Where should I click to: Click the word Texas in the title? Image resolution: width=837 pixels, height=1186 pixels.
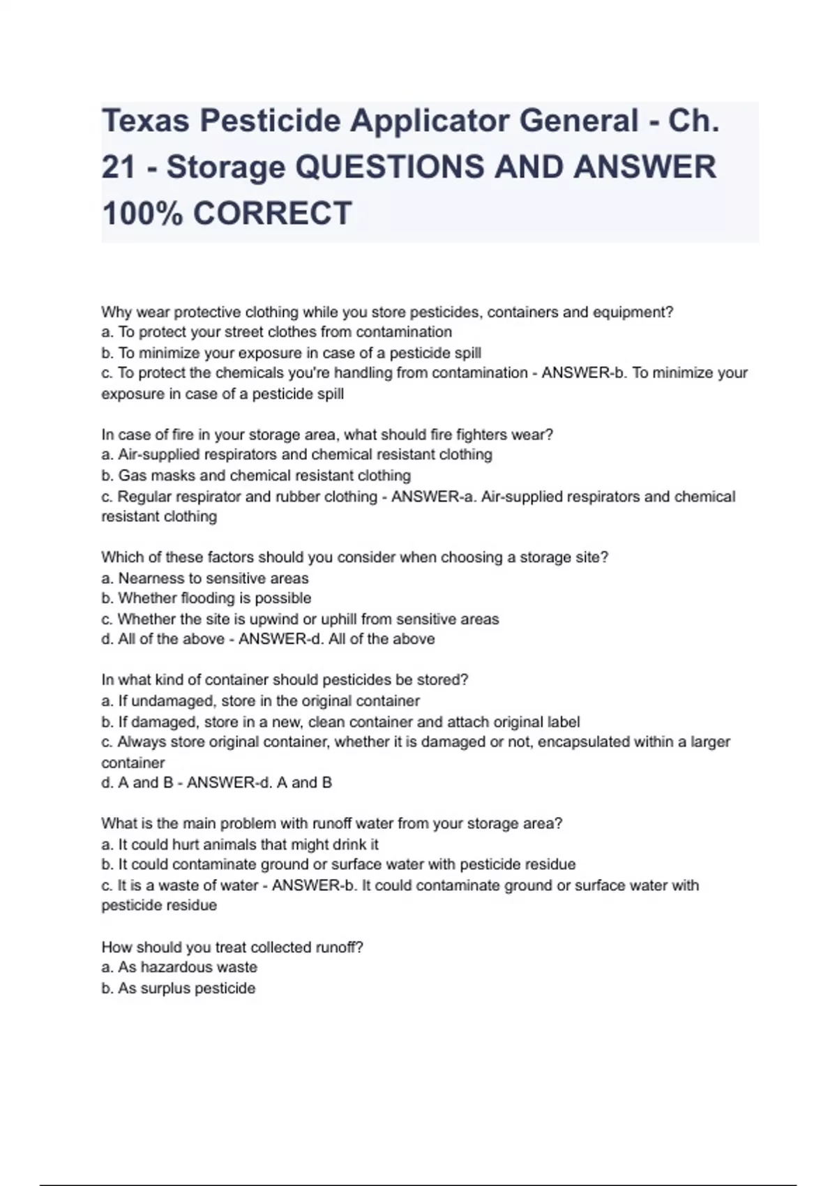(x=145, y=121)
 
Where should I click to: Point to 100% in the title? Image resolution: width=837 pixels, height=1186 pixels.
(x=142, y=213)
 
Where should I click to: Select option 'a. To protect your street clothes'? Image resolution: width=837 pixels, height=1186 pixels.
(x=277, y=332)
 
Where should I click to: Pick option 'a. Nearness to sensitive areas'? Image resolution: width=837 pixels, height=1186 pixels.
(x=205, y=578)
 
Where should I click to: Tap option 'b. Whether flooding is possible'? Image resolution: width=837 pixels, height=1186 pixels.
(x=206, y=598)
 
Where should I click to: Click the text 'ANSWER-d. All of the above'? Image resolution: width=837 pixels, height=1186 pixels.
(x=336, y=639)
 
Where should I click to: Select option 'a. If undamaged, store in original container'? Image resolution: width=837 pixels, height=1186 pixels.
(x=261, y=700)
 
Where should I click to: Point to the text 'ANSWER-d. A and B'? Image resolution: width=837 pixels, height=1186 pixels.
(x=259, y=783)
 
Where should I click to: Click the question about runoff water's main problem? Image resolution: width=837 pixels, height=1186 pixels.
(x=332, y=823)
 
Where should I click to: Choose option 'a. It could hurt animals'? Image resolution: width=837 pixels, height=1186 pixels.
(x=240, y=844)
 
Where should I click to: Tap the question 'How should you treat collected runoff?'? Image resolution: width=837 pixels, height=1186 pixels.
(x=232, y=947)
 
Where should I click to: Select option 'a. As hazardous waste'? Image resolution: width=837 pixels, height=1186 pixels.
(x=179, y=967)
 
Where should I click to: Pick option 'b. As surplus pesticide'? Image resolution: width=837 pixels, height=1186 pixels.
(x=179, y=988)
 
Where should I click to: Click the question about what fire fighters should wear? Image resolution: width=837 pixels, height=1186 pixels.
(x=327, y=435)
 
